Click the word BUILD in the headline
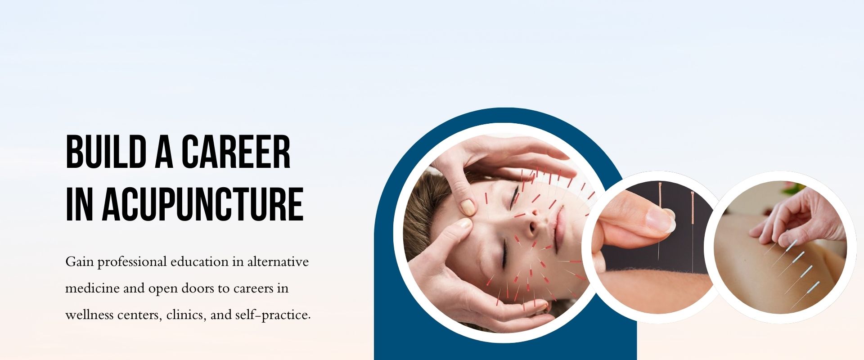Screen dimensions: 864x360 pos(106,152)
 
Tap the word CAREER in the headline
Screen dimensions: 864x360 pos(236,152)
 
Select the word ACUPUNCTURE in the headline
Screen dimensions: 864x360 pos(203,204)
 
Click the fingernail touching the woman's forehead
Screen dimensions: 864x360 pos(468,207)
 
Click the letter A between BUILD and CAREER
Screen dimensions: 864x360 pos(164,152)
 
